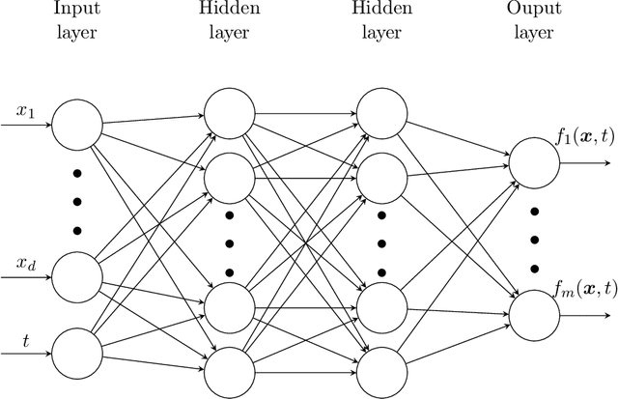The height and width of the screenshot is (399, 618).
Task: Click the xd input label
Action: pos(25,263)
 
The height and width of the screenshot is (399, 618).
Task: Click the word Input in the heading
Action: pos(74,12)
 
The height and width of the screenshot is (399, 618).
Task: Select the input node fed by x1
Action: pos(75,124)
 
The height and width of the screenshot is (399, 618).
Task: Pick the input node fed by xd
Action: pos(75,276)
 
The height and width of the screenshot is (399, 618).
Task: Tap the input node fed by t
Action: pos(75,352)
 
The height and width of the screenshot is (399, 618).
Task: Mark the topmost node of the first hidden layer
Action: pos(228,111)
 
